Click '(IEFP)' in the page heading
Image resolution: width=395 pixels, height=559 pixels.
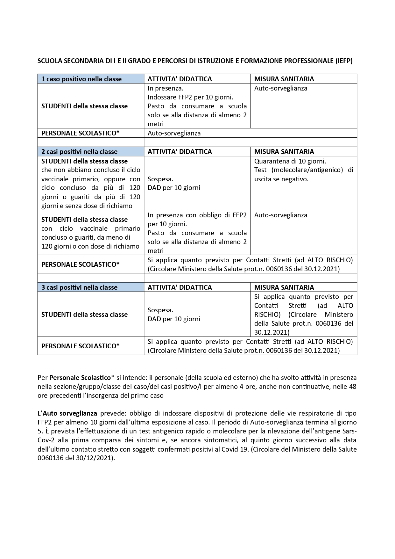(344, 61)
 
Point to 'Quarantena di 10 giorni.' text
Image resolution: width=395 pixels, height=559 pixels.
(290, 161)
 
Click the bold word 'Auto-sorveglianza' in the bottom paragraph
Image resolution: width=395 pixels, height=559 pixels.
(70, 413)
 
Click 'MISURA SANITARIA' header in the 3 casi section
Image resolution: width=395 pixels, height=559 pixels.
(284, 287)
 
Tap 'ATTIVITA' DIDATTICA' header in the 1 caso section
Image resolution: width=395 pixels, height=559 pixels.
(180, 79)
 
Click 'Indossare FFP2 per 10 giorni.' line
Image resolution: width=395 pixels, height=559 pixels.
(190, 97)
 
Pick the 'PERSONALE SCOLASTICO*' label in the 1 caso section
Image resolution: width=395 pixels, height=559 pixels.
(81, 133)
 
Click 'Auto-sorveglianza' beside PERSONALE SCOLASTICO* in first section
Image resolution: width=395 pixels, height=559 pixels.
(174, 133)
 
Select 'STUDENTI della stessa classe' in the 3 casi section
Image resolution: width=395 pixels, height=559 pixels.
(84, 315)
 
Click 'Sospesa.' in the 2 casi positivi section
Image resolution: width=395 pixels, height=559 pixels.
(160, 179)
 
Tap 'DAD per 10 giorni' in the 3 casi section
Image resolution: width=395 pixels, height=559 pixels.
(174, 319)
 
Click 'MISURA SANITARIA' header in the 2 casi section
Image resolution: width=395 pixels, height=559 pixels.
(284, 152)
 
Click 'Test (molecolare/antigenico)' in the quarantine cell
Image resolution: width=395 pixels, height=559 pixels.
(299, 170)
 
